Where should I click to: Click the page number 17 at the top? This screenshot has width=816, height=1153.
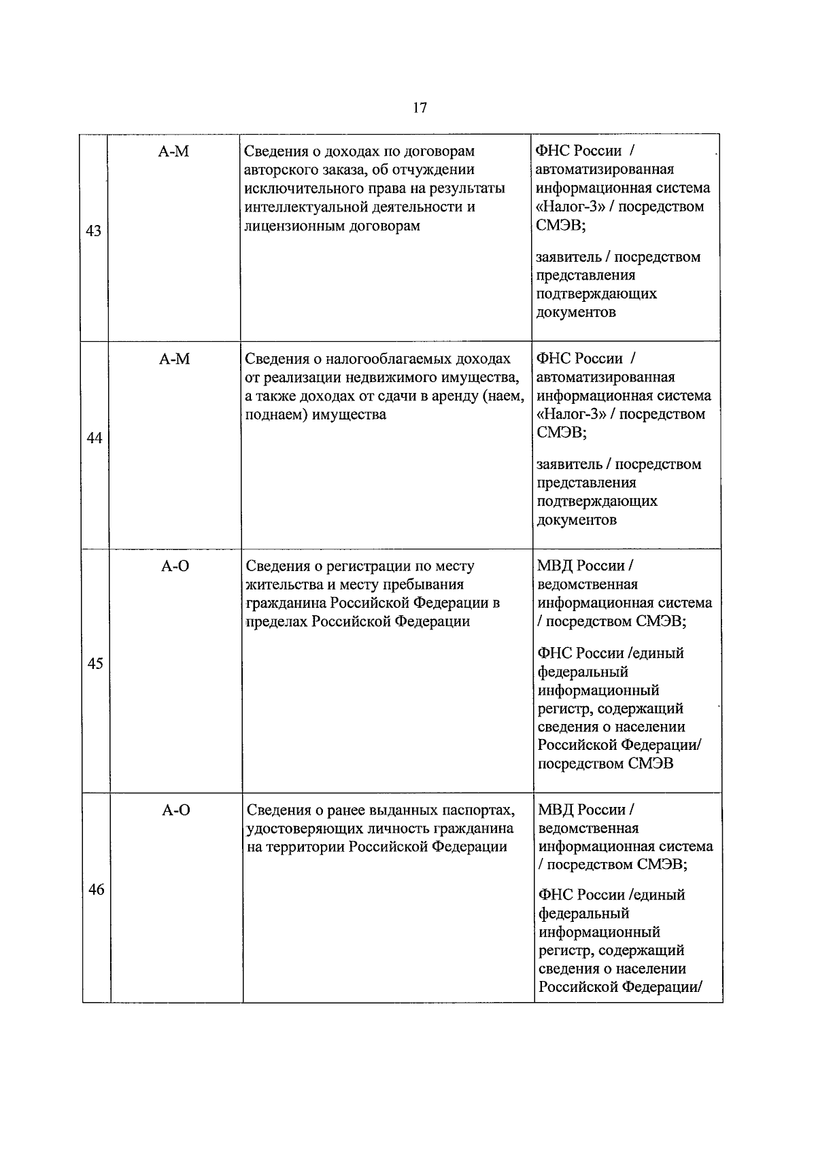(x=420, y=107)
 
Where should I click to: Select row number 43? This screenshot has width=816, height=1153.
(x=93, y=231)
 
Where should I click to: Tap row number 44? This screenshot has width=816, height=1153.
(x=94, y=438)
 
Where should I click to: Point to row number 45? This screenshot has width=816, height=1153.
(x=95, y=664)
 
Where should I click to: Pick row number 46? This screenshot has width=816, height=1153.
(x=96, y=889)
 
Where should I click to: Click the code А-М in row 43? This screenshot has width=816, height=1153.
(x=174, y=152)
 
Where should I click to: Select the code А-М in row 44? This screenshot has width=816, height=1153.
(x=175, y=359)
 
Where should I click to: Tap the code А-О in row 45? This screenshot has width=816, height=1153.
(x=175, y=566)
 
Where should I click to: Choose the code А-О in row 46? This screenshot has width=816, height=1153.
(x=176, y=810)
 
